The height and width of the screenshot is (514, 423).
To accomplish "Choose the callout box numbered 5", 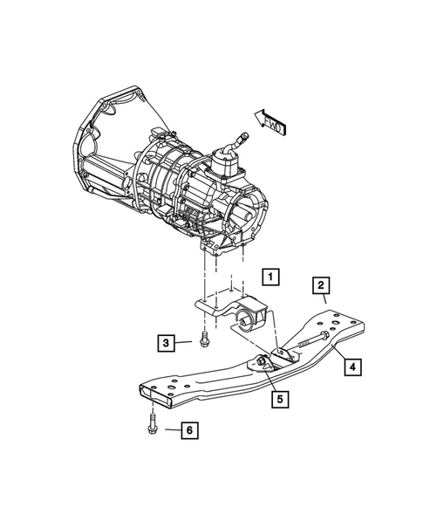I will [x=279, y=401].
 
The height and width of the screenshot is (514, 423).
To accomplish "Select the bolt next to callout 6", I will [x=151, y=429].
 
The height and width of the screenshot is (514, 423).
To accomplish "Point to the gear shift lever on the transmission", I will [x=235, y=143].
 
